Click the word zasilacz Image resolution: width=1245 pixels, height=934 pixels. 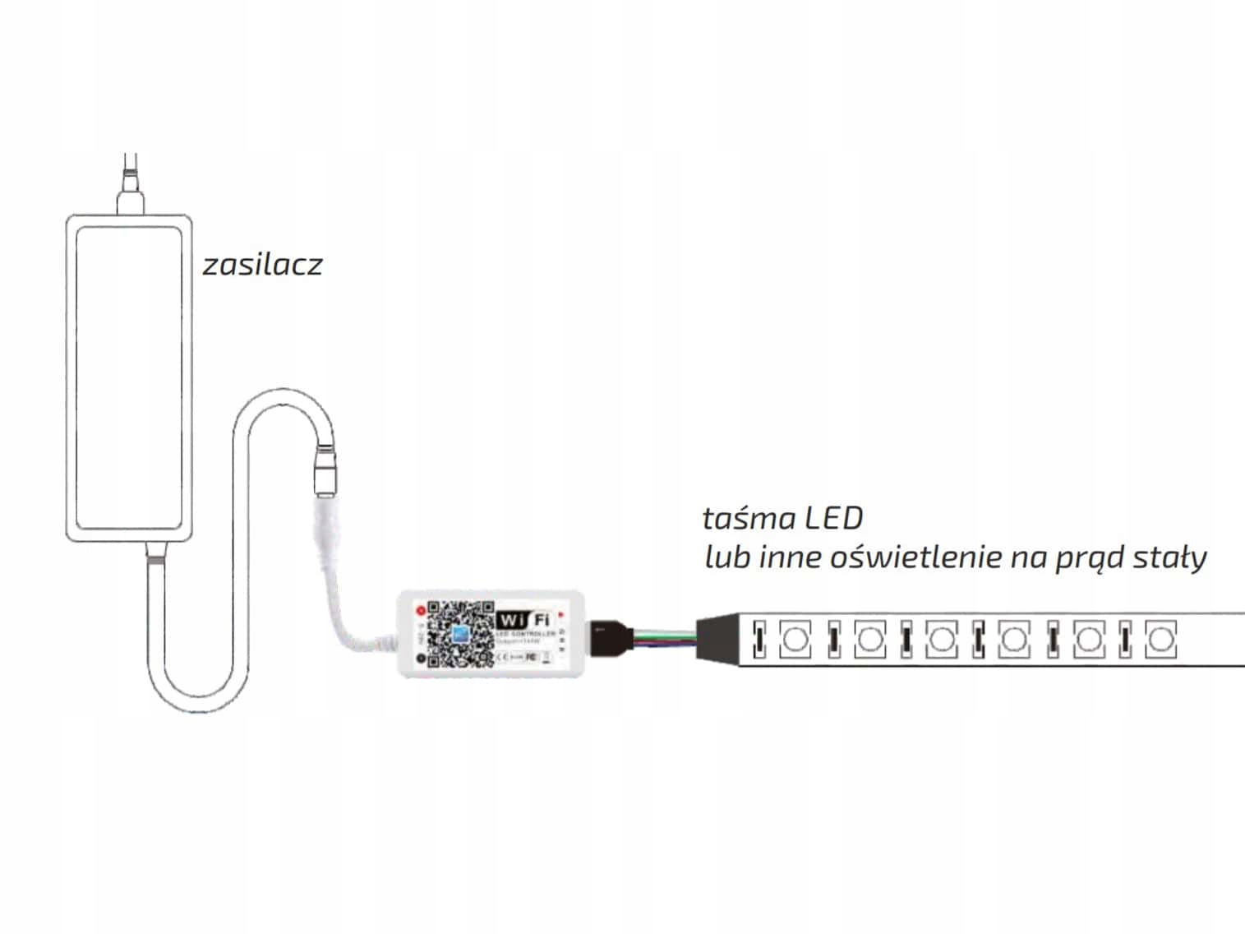click(262, 265)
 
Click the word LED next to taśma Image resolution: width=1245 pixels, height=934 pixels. click(833, 519)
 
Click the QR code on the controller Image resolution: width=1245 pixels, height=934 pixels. click(460, 633)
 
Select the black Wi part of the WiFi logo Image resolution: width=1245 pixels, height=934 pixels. click(510, 620)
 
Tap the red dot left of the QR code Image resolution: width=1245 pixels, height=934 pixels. click(421, 611)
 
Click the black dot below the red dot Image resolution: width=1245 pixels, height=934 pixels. click(421, 659)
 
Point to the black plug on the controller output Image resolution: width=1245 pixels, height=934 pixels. click(607, 636)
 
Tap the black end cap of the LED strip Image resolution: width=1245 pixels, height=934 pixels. click(715, 638)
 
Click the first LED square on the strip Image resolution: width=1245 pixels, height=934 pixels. click(794, 639)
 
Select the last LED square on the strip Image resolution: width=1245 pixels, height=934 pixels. click(1159, 639)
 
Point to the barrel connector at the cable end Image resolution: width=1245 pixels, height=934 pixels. click(325, 471)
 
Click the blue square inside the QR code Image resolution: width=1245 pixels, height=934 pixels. click(459, 634)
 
